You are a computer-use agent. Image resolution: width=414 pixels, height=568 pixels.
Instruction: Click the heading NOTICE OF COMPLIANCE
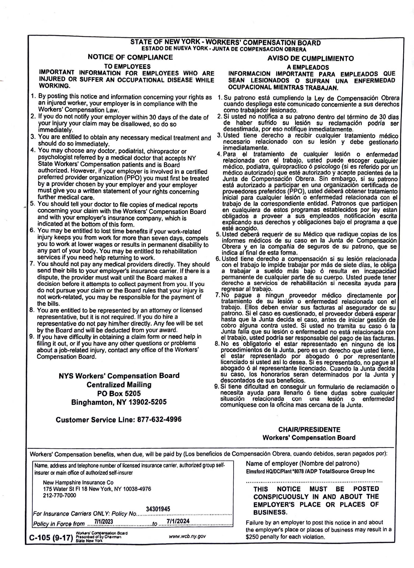tap(130, 57)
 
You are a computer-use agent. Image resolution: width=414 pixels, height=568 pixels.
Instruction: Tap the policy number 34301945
tap(158, 509)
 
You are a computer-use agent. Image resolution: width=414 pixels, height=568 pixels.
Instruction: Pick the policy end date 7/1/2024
tap(178, 521)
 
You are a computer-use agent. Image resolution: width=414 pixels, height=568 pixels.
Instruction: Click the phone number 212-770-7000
tap(59, 495)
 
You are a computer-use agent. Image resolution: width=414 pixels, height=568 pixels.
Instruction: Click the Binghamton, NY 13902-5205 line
tap(119, 402)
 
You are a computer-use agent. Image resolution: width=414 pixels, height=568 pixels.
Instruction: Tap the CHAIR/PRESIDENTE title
tap(309, 429)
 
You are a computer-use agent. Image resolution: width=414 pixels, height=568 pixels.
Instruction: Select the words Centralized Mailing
tap(119, 385)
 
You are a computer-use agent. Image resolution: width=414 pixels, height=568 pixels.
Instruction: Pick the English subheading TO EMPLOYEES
tap(127, 66)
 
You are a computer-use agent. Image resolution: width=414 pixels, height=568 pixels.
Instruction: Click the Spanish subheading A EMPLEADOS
tap(308, 67)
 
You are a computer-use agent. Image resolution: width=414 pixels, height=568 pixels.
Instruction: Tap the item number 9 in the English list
tap(32, 337)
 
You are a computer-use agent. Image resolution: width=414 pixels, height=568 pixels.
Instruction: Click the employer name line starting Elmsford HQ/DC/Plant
tap(310, 471)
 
